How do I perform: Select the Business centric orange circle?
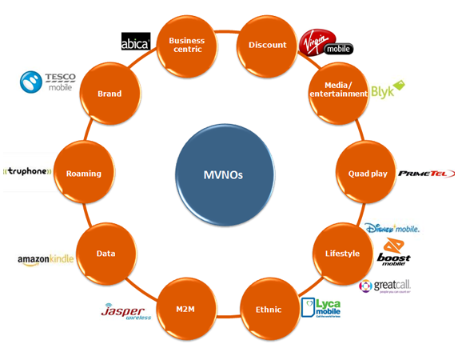(187, 45)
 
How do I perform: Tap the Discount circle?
(268, 45)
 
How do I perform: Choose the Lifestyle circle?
(342, 254)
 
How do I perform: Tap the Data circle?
(106, 254)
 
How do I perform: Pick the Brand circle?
(110, 94)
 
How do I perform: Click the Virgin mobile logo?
(325, 42)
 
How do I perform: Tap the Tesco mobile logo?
(48, 82)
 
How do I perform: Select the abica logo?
(135, 42)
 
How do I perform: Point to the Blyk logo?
(388, 90)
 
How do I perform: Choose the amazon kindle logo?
(46, 260)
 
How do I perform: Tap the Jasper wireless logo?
(126, 313)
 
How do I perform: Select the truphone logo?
(28, 170)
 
